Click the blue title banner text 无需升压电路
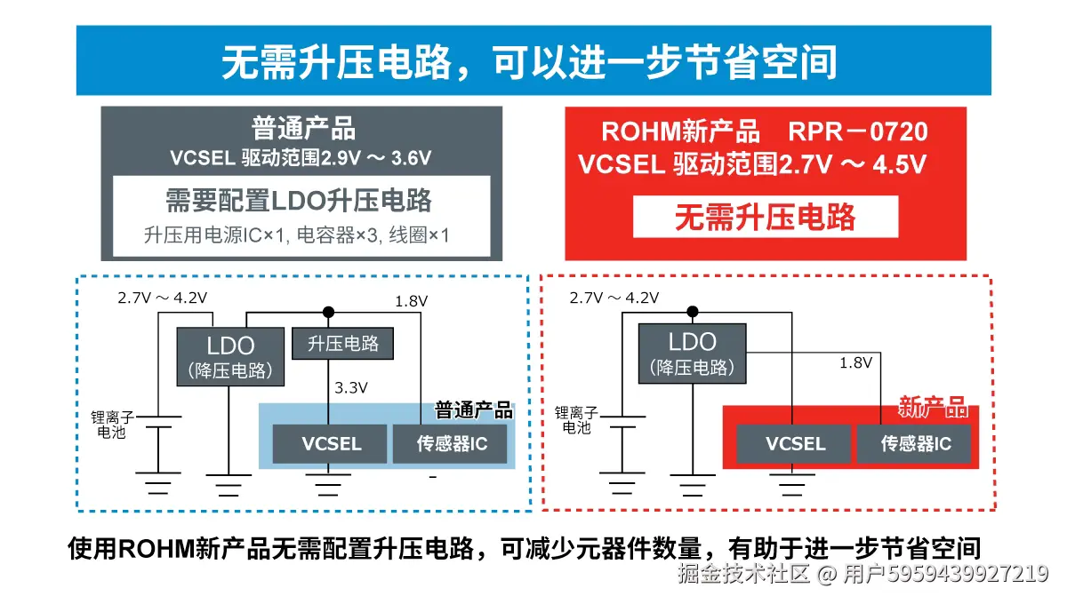(533, 61)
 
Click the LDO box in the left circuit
(230, 356)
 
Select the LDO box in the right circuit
(692, 353)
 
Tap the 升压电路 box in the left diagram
(342, 344)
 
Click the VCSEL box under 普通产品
(331, 443)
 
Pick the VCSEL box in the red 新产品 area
(795, 443)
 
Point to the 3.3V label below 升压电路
(351, 387)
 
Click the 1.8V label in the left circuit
(412, 301)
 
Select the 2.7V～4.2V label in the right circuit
(614, 298)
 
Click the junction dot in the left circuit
(328, 312)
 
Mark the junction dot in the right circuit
(693, 312)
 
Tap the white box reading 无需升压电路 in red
(765, 217)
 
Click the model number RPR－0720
(857, 132)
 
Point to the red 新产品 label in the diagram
(932, 408)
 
